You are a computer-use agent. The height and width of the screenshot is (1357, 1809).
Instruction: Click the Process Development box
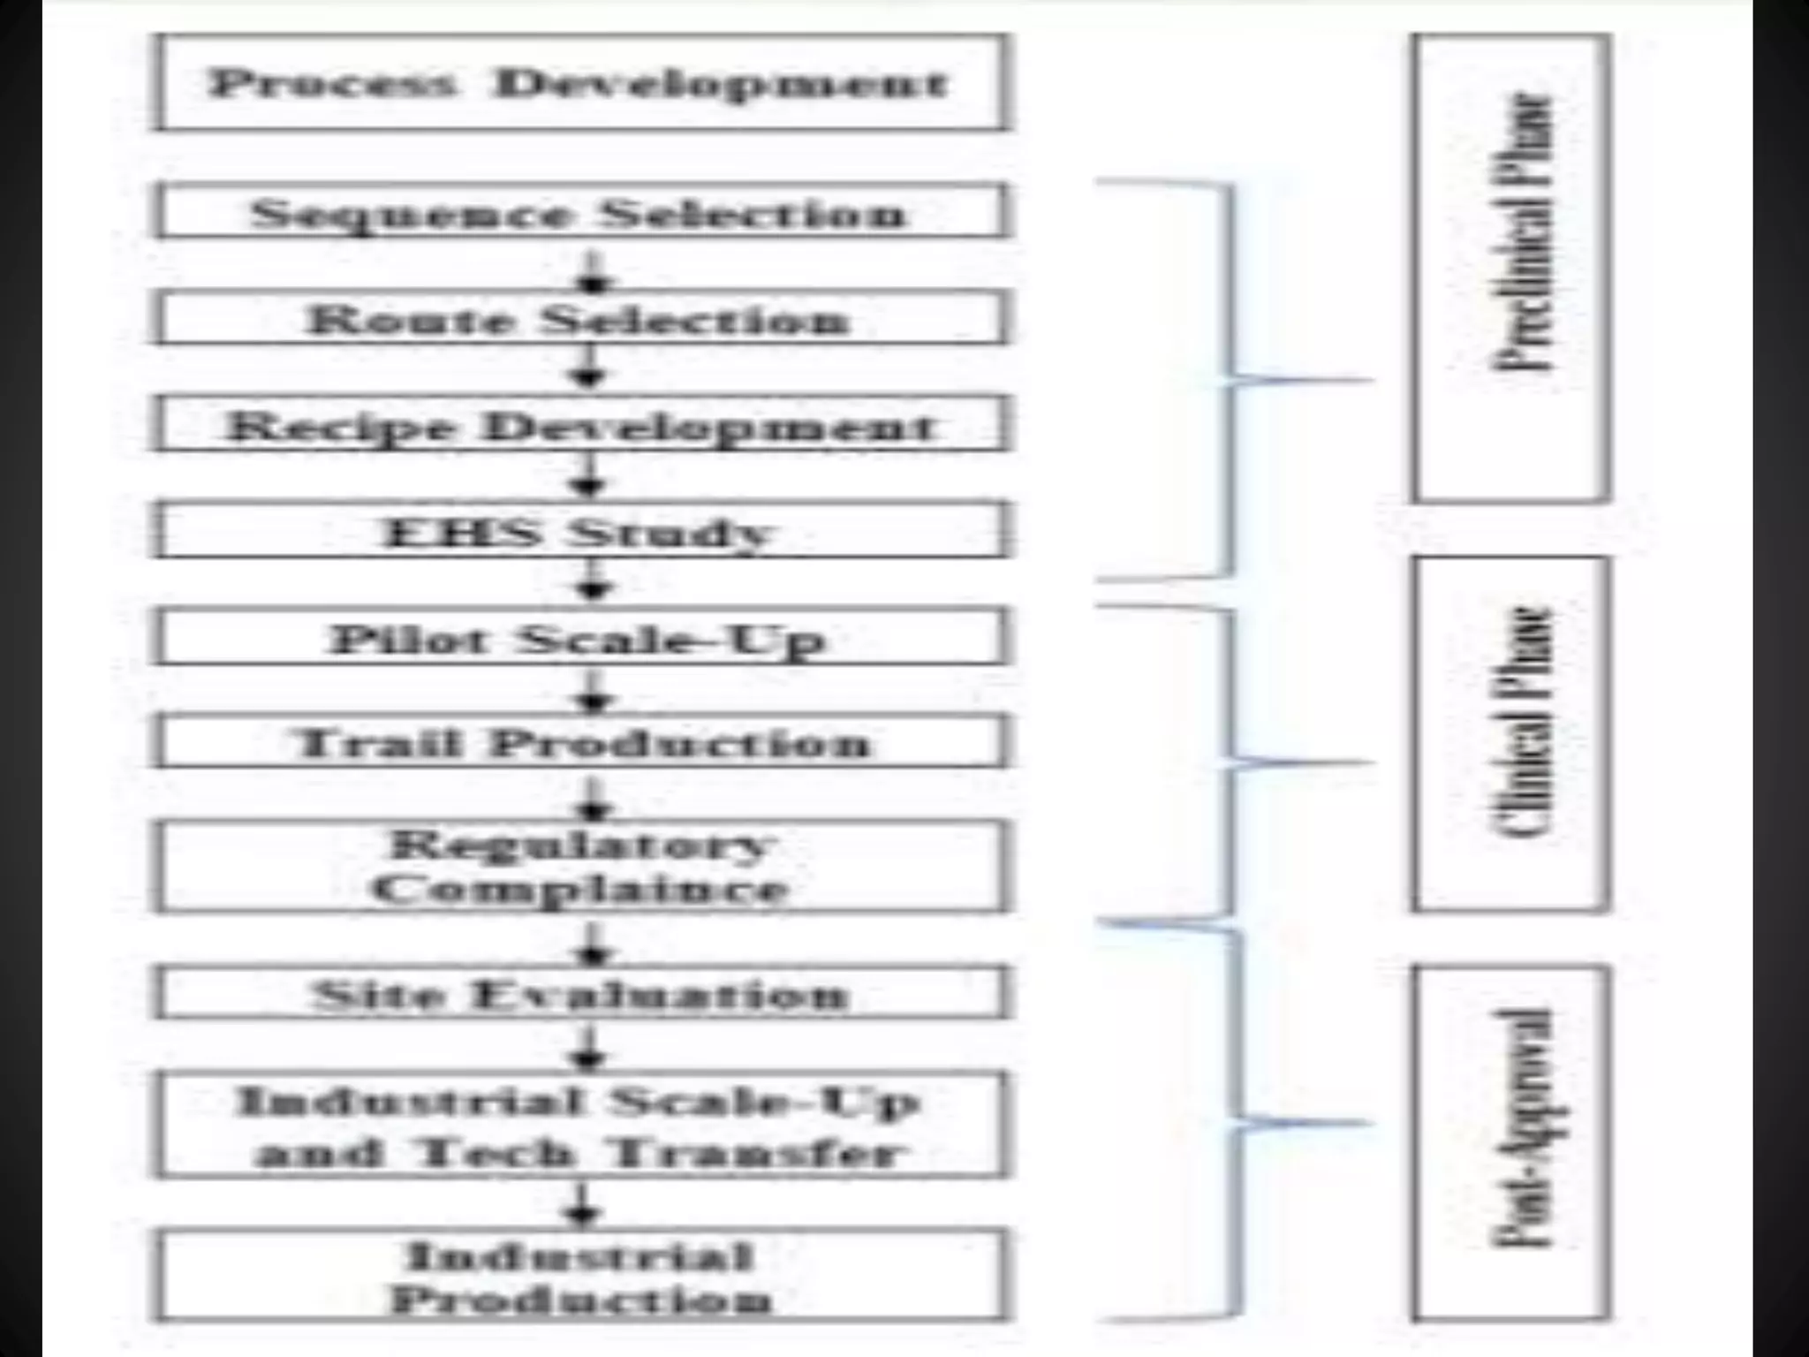[x=581, y=82]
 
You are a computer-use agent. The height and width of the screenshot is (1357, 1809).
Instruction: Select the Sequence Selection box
[x=581, y=212]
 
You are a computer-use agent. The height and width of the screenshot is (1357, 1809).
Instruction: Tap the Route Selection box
[x=581, y=318]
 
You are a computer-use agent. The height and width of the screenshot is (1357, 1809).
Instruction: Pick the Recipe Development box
[x=581, y=425]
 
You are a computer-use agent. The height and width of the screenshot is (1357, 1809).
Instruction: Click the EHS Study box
[x=581, y=531]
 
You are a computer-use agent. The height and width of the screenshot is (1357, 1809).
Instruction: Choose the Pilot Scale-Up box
[x=581, y=637]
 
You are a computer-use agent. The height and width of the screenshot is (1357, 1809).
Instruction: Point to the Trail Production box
[x=581, y=742]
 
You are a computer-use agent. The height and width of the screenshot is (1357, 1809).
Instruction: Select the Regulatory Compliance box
[x=581, y=866]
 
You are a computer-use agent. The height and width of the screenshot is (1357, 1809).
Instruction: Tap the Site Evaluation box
[x=581, y=994]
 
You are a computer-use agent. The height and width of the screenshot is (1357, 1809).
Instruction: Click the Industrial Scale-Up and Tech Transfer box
[x=581, y=1126]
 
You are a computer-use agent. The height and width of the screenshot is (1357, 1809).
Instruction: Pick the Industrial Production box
[x=581, y=1276]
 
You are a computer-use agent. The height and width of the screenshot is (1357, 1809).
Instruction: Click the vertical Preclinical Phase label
[x=1522, y=231]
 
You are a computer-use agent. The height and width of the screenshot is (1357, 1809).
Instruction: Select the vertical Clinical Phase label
[x=1522, y=723]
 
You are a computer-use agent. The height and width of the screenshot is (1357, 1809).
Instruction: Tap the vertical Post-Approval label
[x=1522, y=1129]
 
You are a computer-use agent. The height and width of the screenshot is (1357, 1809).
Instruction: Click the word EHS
[x=460, y=532]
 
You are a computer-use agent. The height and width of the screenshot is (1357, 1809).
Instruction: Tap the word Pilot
[x=407, y=638]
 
